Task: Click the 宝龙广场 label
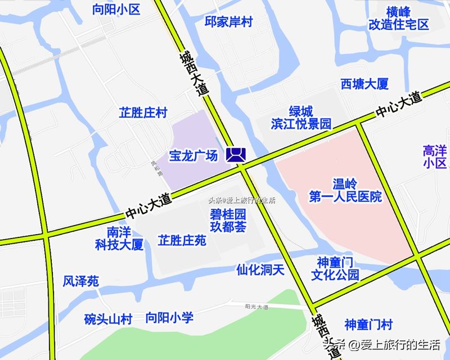coord(193,156)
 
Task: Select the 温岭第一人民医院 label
coord(345,190)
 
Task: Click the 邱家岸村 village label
coord(228,22)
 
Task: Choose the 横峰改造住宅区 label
coord(398,18)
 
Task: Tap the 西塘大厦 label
coord(364,84)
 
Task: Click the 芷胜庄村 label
coord(143,113)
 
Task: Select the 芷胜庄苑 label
coord(182,241)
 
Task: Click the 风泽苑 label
coord(81,281)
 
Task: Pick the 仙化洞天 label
coord(260,270)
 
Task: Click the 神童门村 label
coord(368,325)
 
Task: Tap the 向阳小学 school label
coord(169,318)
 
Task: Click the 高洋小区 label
coord(434,157)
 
